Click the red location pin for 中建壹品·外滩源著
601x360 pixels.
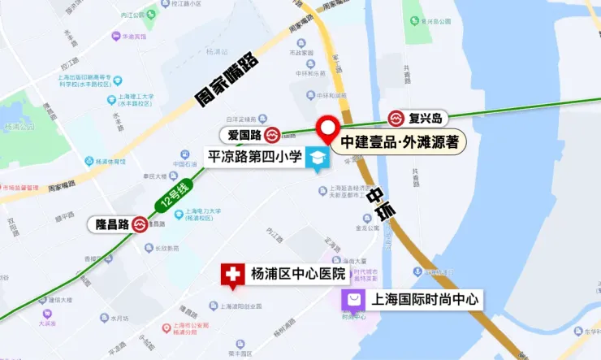pos(328,128)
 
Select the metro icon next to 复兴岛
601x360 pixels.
pos(396,119)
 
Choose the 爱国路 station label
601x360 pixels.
pos(243,133)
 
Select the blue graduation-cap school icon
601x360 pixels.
pos(317,158)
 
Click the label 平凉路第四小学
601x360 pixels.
pos(255,155)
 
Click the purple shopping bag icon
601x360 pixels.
pos(353,300)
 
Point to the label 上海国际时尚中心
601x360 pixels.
pos(425,300)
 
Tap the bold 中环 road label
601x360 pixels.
pos(381,202)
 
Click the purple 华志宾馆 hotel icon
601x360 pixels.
pos(116,36)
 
